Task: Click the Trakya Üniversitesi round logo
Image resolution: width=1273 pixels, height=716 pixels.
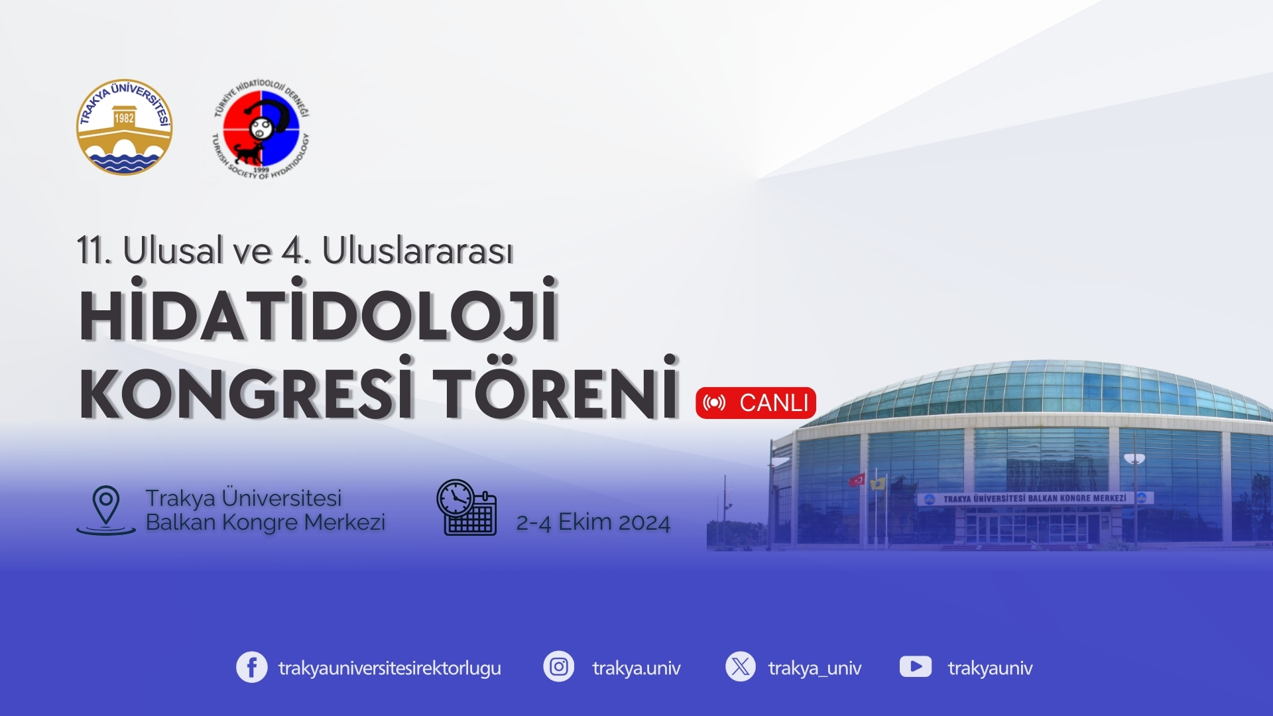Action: pos(124,127)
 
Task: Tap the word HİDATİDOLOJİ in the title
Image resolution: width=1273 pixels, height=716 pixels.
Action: pos(318,310)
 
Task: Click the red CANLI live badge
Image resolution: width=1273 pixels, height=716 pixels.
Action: pos(756,403)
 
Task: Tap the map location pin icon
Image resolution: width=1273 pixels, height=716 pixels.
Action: pos(106,510)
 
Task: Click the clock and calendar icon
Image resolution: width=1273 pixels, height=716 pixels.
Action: pos(466,507)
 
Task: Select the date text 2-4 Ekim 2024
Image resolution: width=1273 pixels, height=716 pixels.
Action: pos(593,522)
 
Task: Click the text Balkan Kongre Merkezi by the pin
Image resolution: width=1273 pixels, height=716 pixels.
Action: pos(265,522)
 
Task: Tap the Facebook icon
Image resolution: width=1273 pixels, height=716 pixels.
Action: pos(252,668)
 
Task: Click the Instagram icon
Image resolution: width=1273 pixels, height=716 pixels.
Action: pos(559,667)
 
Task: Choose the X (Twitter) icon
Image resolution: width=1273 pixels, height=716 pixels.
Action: pos(741,667)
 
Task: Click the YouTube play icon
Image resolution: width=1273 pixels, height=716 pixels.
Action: pos(916,667)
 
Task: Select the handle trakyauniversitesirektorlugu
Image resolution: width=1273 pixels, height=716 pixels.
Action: pos(390,668)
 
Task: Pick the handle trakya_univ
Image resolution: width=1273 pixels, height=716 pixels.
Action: pos(815,668)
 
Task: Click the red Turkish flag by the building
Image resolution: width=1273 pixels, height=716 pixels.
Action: pos(857,479)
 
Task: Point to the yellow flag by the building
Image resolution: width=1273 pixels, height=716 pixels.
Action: pos(878,483)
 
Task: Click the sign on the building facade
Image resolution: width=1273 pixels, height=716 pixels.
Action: pos(1035,499)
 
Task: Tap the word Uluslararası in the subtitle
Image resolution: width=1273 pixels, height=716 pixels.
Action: pos(418,251)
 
